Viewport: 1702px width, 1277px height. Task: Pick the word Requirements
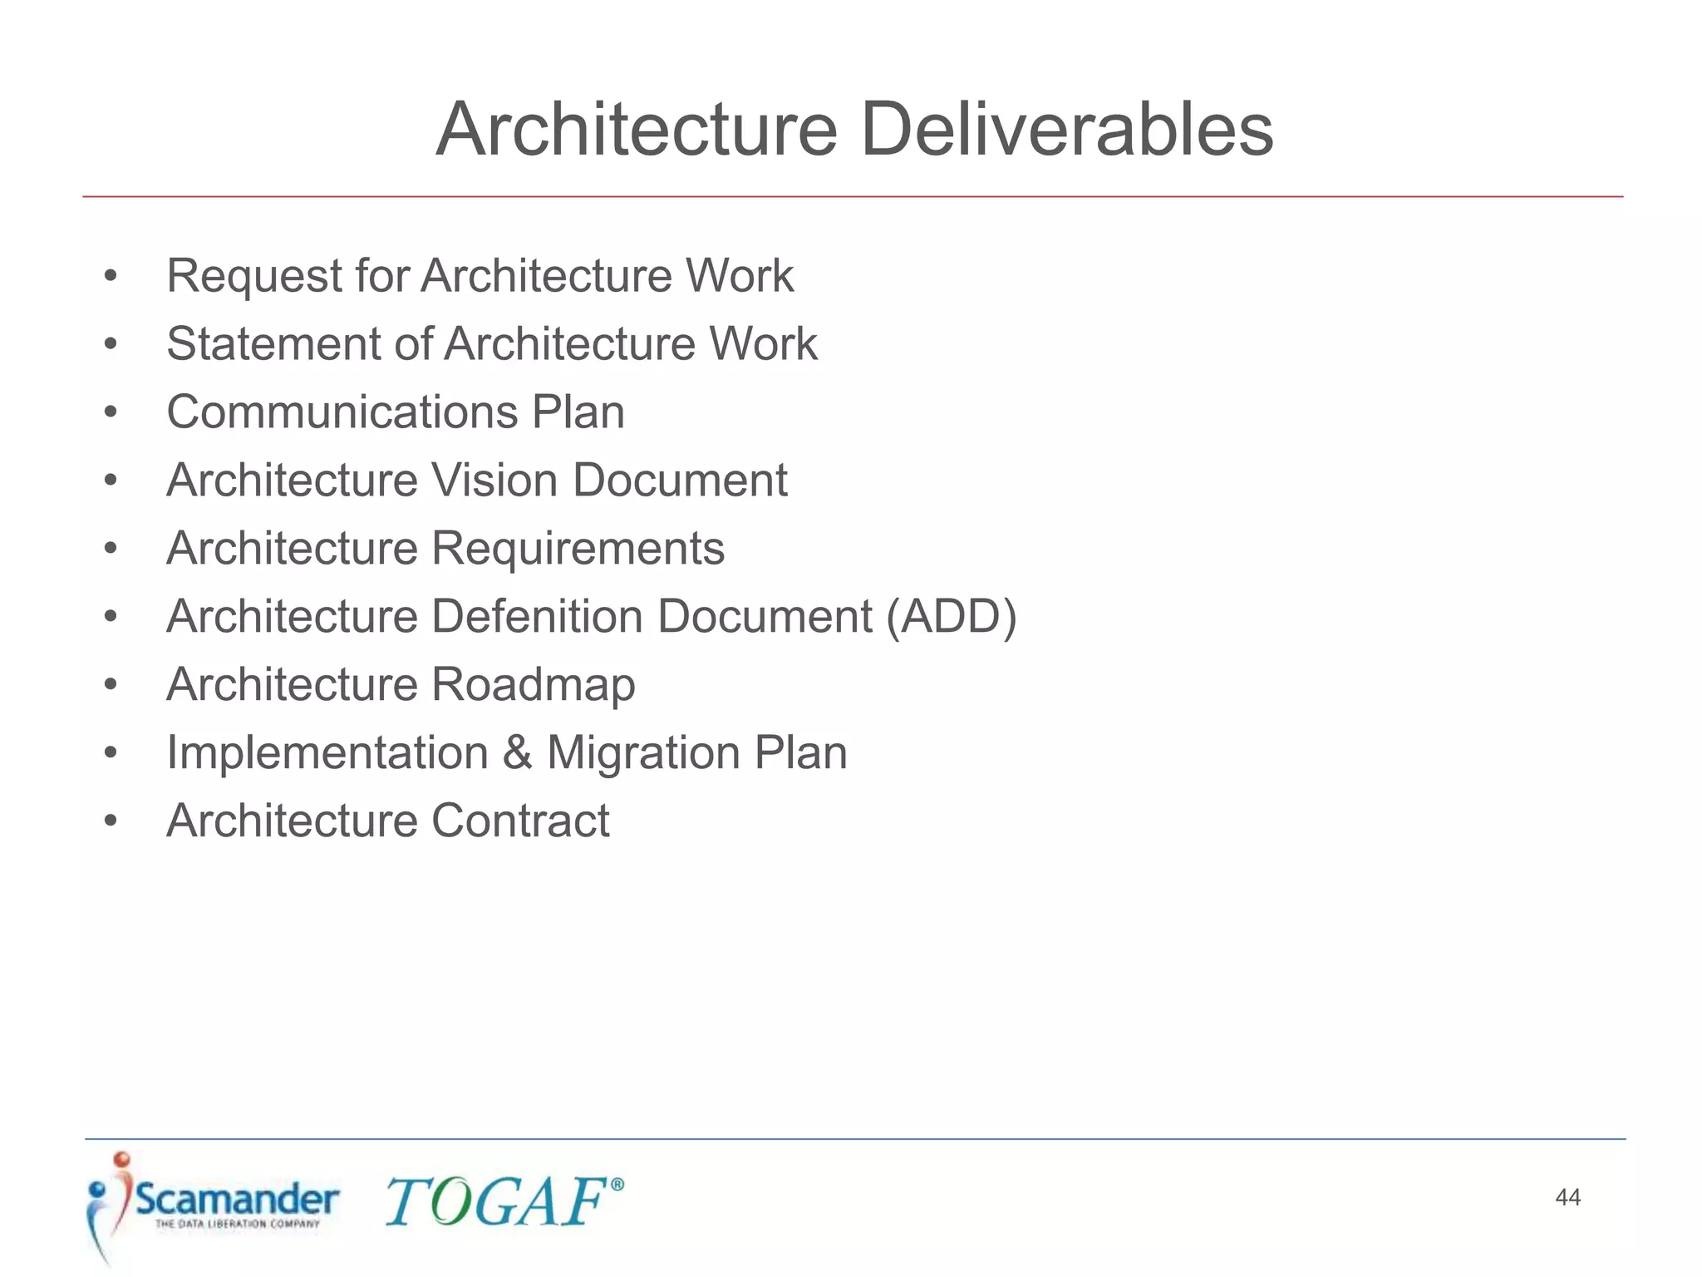[x=578, y=549]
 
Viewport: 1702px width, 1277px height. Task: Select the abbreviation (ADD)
[x=951, y=617]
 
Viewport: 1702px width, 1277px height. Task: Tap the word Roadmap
[x=533, y=685]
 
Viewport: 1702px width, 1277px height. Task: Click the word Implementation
[x=327, y=753]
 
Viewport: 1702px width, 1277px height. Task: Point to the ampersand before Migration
[x=517, y=753]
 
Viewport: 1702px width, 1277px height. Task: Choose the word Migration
[x=643, y=753]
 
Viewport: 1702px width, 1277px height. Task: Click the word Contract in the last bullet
[x=520, y=821]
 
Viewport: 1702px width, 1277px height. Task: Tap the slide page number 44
[x=1567, y=1197]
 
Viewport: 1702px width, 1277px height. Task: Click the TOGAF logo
[x=497, y=1202]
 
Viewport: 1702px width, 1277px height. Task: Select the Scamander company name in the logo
[x=237, y=1199]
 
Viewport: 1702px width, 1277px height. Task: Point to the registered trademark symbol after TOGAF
[x=617, y=1185]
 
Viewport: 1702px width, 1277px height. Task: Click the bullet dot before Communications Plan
[x=111, y=412]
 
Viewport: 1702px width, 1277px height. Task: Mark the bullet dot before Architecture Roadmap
[x=111, y=685]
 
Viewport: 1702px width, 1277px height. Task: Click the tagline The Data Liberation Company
[x=238, y=1224]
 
